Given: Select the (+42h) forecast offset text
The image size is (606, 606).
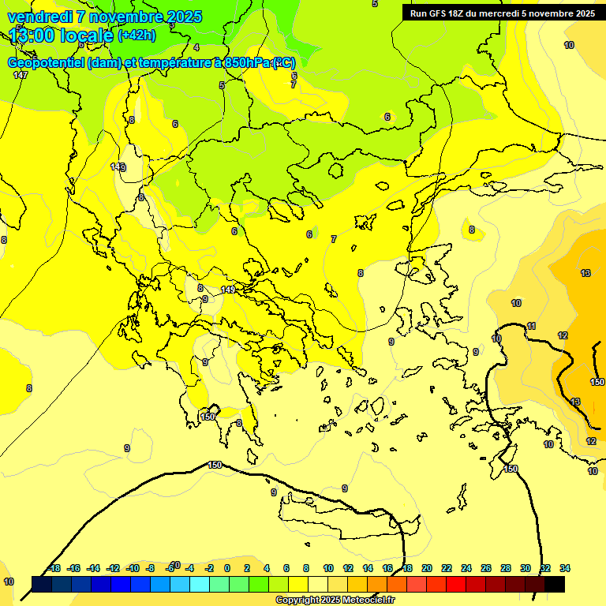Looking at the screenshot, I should tap(137, 35).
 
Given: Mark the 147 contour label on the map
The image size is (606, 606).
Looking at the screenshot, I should tap(21, 75).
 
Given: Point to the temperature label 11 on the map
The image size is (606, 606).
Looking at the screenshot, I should tap(532, 326).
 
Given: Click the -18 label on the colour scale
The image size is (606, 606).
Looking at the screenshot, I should tap(54, 568).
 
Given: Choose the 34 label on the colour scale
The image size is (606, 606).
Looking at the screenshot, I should tap(565, 568).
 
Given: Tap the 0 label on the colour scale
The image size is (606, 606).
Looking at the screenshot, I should tap(227, 568).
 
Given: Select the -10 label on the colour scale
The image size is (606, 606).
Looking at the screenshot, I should tap(132, 568).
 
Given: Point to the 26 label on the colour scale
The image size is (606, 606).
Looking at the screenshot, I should tap(486, 568).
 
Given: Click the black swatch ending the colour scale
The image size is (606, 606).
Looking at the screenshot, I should tap(555, 584).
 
